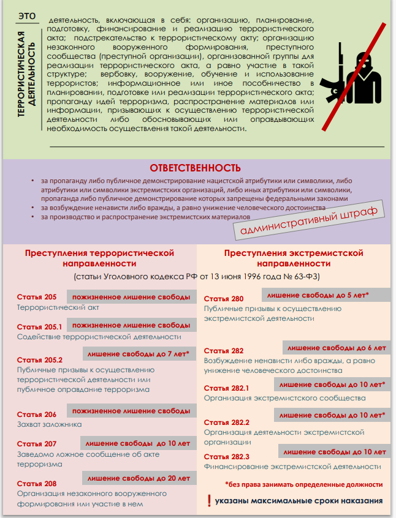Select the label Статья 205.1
point(40,327)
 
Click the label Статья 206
point(37,415)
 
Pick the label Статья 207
point(37,444)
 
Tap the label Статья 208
point(37,483)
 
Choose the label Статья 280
point(224,299)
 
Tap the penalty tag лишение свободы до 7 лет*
point(138,354)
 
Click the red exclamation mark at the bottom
point(208,501)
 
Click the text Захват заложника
point(49,424)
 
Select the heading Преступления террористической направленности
point(99,258)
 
